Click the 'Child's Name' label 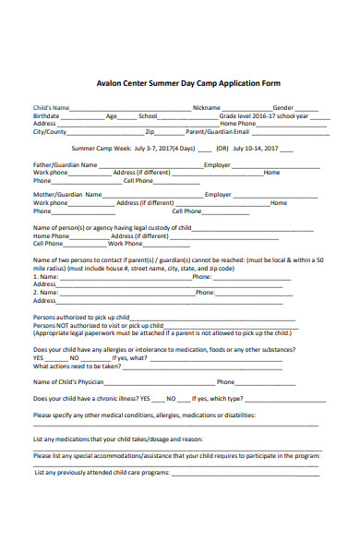pyautogui.click(x=52, y=108)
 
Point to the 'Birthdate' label pyautogui.click(x=47, y=116)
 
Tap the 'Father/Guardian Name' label pyautogui.click(x=66, y=164)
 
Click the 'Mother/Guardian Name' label pyautogui.click(x=66, y=195)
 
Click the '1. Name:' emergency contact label pyautogui.click(x=46, y=276)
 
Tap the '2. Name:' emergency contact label pyautogui.click(x=46, y=292)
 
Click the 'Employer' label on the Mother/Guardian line pyautogui.click(x=218, y=195)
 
